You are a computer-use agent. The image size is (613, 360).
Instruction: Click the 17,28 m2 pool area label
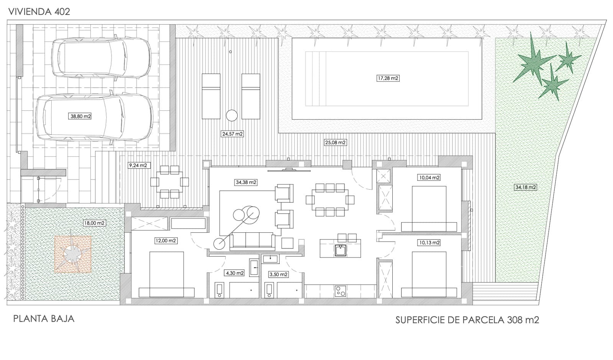(x=388, y=78)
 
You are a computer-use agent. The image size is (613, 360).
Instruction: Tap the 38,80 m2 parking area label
(x=81, y=116)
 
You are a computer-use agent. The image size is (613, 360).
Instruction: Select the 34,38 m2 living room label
(x=246, y=182)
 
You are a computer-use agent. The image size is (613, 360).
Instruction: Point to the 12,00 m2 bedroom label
(x=166, y=241)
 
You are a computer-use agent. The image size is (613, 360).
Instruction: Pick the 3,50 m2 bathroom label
(x=278, y=275)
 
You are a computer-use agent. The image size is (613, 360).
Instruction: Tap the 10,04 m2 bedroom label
(x=429, y=178)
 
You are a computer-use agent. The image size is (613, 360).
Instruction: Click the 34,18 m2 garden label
(x=526, y=187)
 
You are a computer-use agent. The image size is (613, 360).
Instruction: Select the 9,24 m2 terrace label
(x=138, y=166)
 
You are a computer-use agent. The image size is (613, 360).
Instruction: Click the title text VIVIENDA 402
(x=39, y=12)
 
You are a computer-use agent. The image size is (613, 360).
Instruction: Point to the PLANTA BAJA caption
(x=44, y=319)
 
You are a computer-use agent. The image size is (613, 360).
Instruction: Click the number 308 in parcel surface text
(x=515, y=320)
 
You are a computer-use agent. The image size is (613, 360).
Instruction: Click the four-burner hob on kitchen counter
(x=340, y=291)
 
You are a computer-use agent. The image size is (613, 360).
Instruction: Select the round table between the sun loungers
(x=232, y=115)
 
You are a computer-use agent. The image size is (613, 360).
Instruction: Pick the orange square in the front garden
(x=73, y=254)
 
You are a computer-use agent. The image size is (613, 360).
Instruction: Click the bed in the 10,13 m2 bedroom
(x=429, y=274)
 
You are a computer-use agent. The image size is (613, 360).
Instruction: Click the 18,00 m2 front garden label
(x=94, y=223)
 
